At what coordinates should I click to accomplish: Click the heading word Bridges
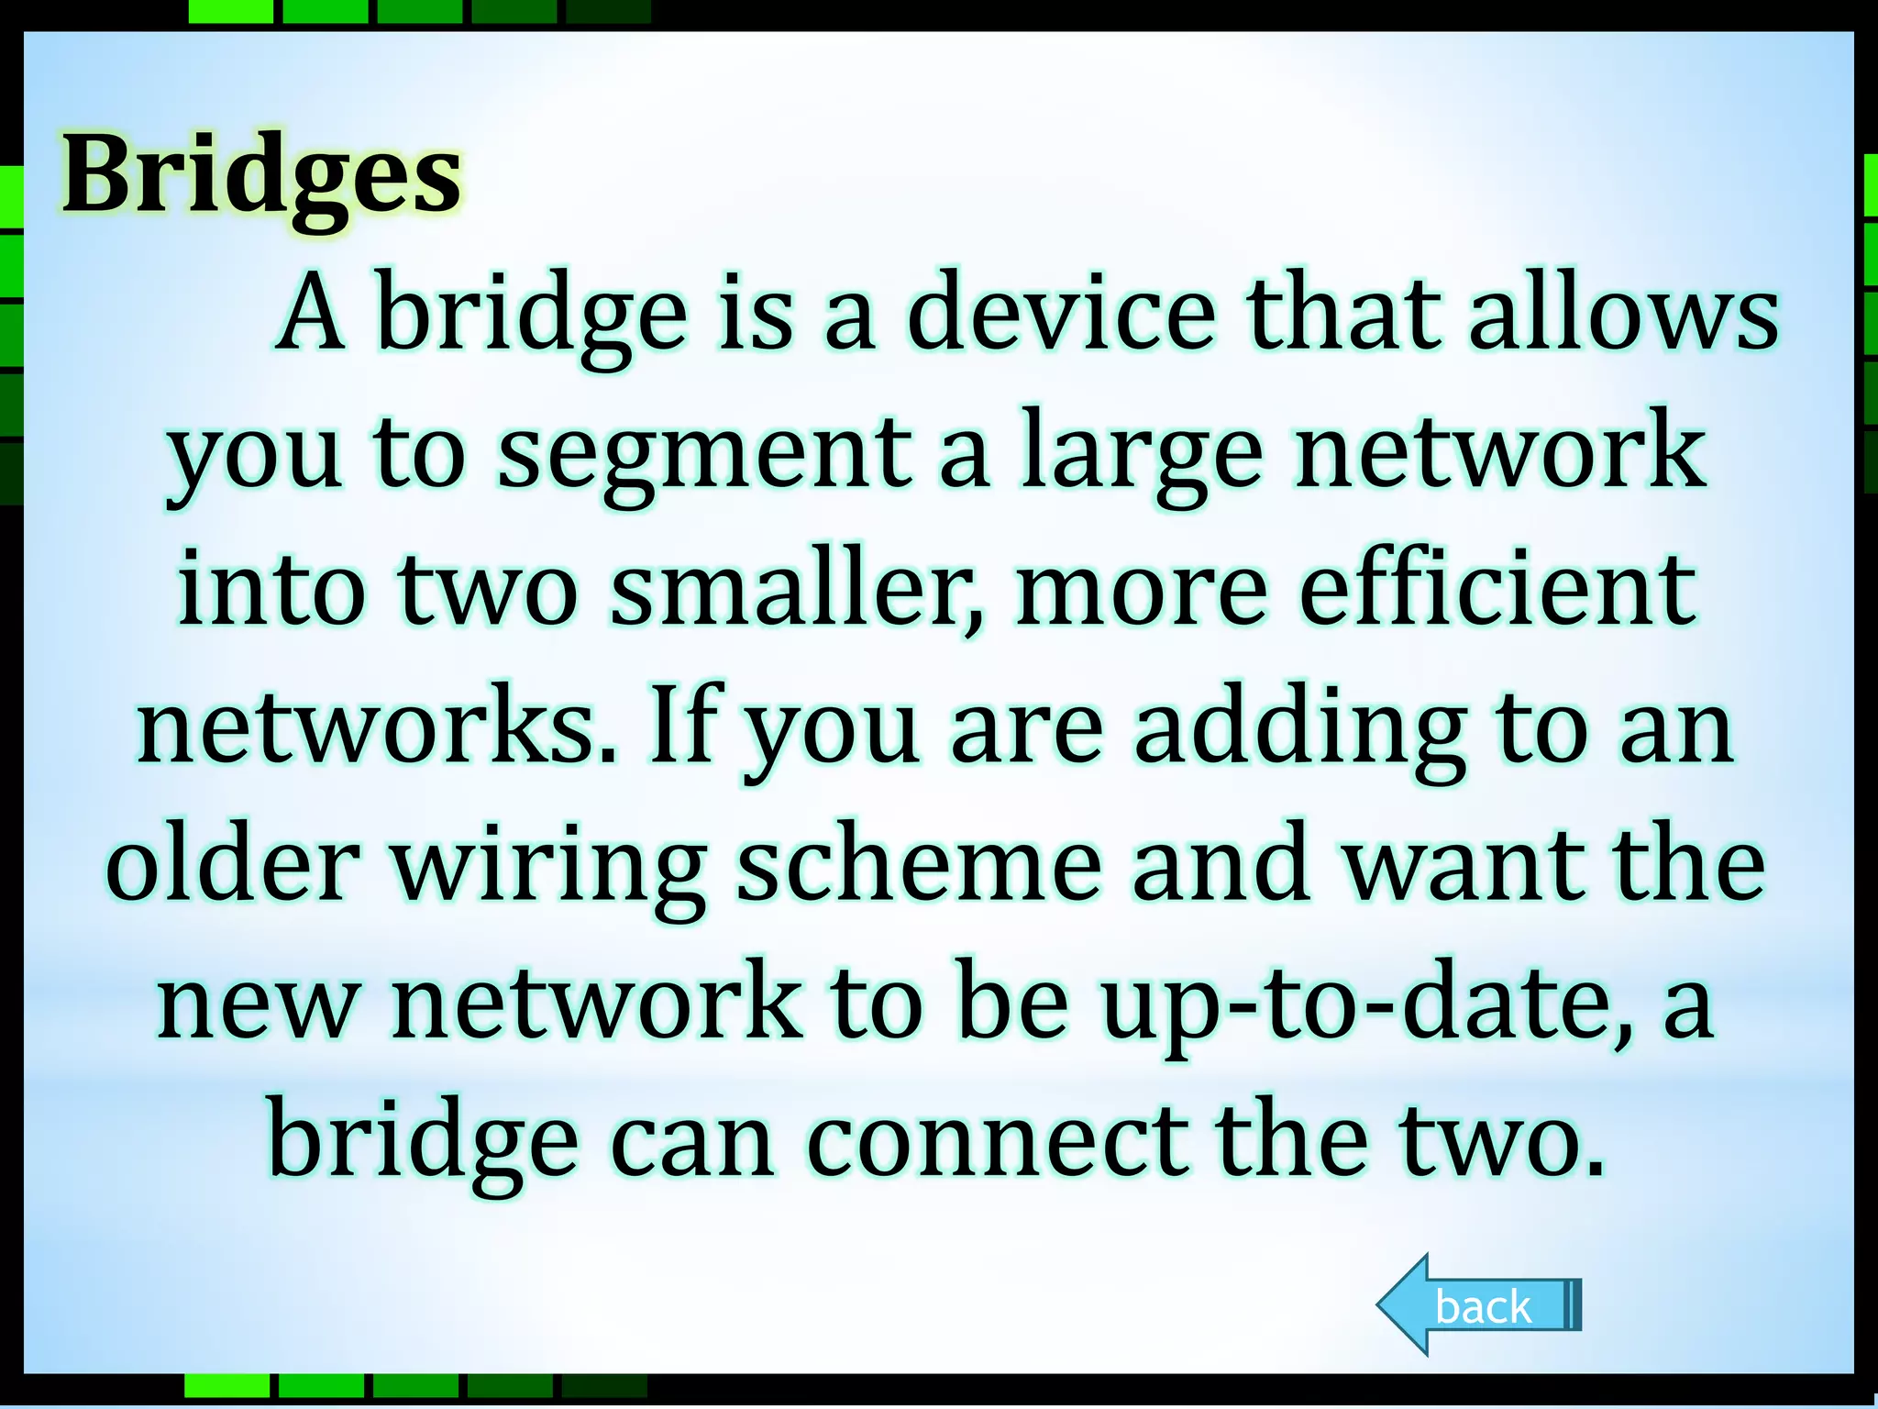(x=262, y=176)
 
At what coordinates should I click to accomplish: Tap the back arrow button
(x=1479, y=1304)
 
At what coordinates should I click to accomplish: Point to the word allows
(x=1623, y=314)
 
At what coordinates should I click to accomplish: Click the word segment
(x=704, y=454)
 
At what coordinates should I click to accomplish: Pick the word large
(x=1141, y=454)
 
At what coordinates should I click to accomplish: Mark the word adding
(x=1300, y=729)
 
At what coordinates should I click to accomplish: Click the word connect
(x=996, y=1142)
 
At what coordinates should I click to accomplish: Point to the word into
(x=272, y=592)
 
